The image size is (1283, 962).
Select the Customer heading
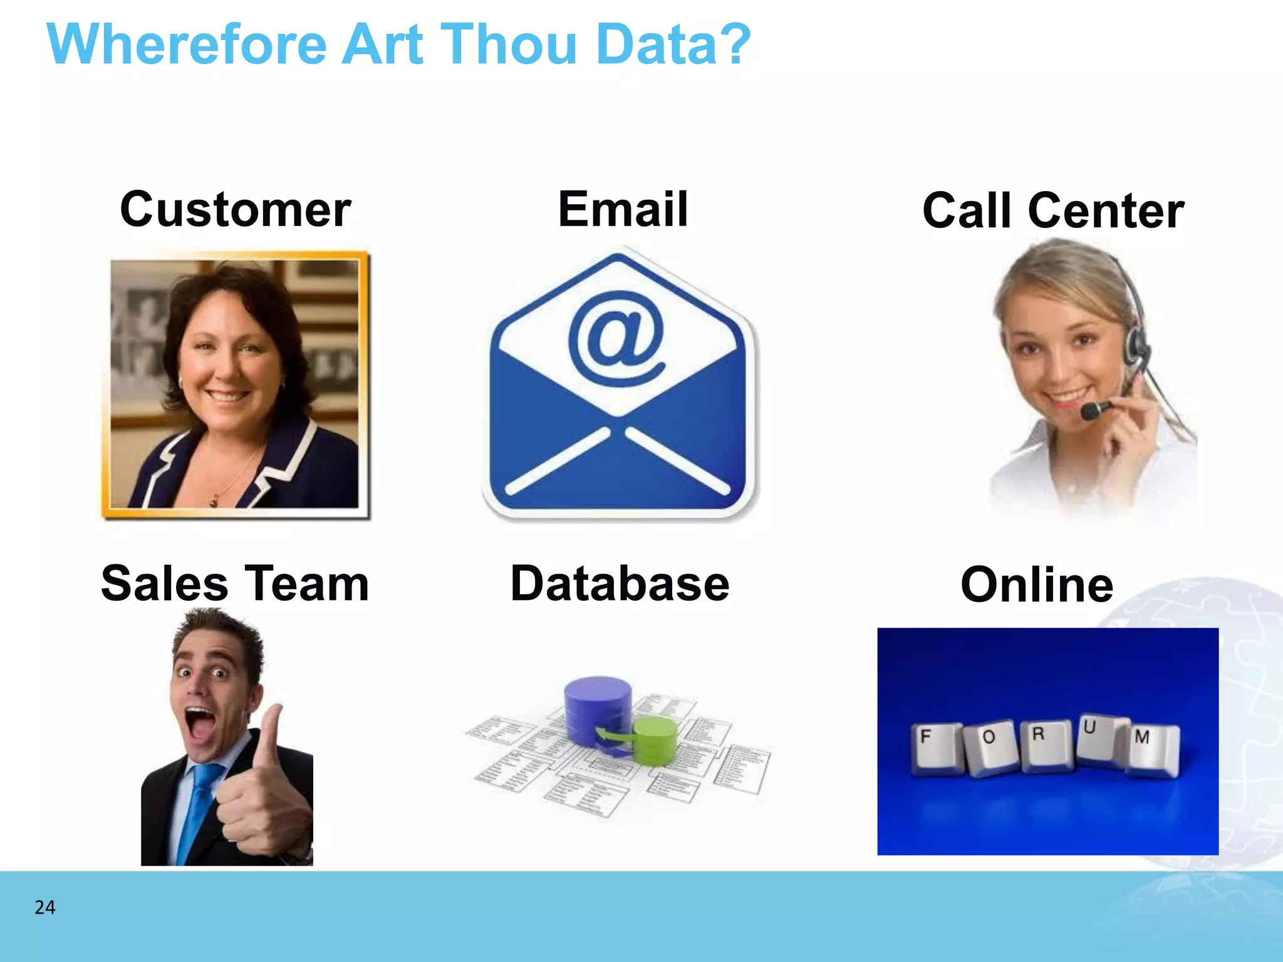pos(235,209)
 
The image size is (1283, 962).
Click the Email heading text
pos(623,209)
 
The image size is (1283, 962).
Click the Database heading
pos(620,584)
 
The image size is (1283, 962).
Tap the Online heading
pos(1037,585)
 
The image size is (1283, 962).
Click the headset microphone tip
pos(1088,411)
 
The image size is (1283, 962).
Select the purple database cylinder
pos(597,708)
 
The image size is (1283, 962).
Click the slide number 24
pos(44,908)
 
